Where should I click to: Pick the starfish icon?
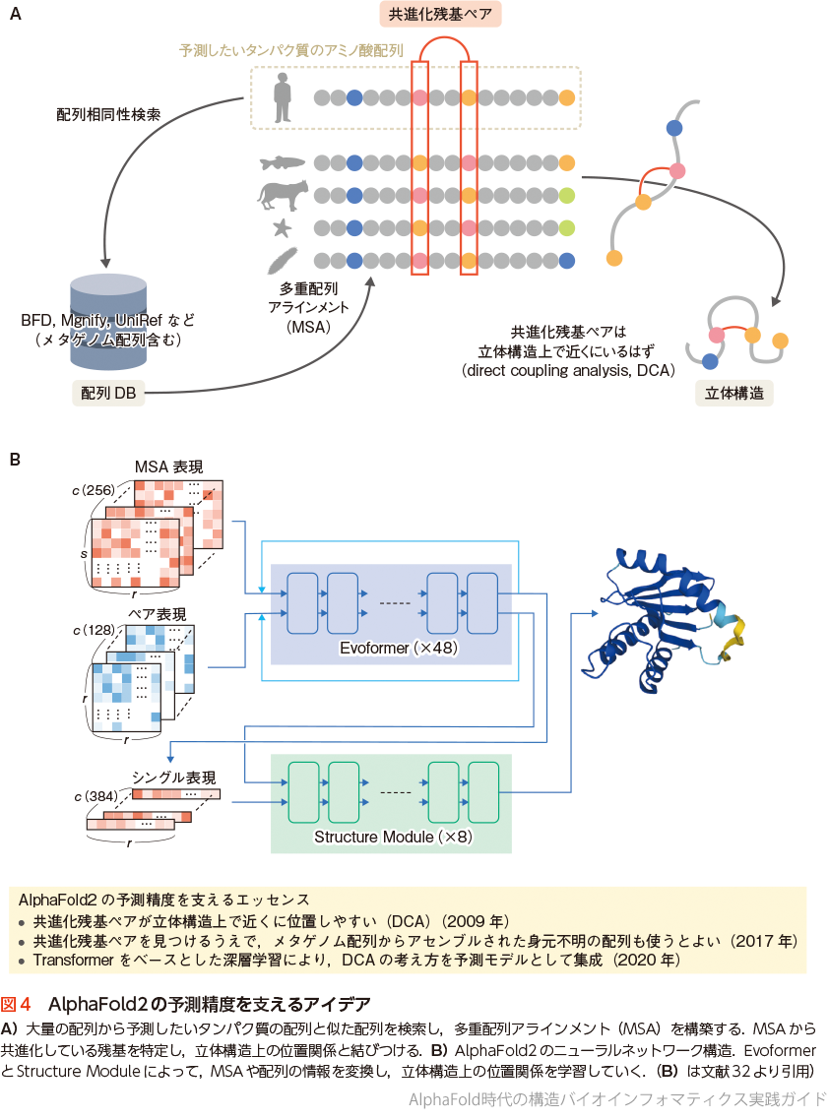click(283, 228)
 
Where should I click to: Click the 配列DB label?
click(109, 393)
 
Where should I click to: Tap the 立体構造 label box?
click(738, 393)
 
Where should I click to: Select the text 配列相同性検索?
click(108, 114)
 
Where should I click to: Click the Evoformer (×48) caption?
click(390, 649)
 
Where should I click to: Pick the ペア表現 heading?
click(155, 614)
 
